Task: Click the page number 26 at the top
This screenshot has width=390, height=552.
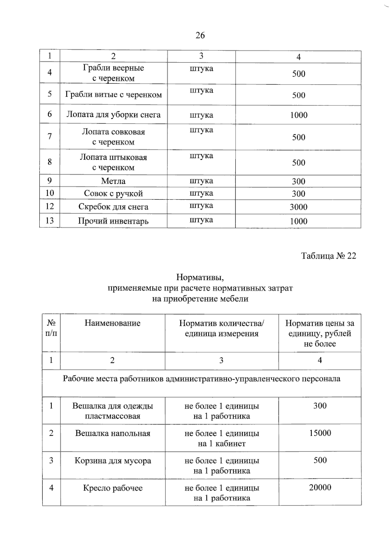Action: pos(200,35)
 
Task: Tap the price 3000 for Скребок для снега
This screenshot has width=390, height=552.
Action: pos(298,207)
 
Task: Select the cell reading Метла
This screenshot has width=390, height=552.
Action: pos(113,181)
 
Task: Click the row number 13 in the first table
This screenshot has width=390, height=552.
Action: pos(49,221)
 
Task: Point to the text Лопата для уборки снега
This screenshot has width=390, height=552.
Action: pos(113,114)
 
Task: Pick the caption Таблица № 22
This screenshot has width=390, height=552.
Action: pos(328,256)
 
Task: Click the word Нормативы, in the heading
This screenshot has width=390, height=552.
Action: pos(200,277)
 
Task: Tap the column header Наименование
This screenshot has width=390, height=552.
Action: pos(112,323)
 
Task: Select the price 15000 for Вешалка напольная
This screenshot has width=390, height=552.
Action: pos(320,433)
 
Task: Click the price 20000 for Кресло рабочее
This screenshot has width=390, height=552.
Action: pos(320,487)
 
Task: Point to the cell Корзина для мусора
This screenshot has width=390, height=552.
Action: pos(113,461)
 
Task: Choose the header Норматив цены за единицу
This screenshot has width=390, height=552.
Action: pos(319,333)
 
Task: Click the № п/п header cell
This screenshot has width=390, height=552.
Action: pos(51,328)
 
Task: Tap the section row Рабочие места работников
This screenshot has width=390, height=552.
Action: pos(201,379)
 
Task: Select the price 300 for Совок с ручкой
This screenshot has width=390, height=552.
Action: pos(298,194)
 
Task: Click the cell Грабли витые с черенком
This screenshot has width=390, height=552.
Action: pos(113,95)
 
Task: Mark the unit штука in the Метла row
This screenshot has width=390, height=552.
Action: pos(201,181)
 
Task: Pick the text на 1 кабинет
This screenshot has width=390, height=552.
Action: pos(222,443)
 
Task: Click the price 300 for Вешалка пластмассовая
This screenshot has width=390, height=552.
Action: pos(320,406)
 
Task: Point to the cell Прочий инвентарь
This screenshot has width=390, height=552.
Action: pos(113,221)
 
